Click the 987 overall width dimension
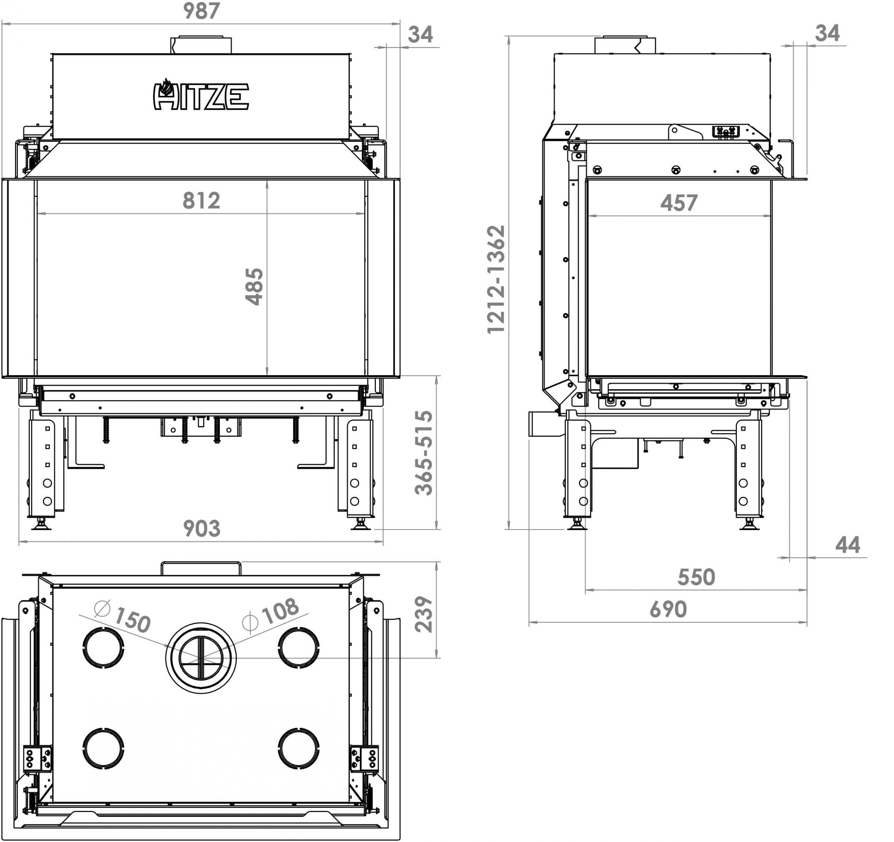tap(201, 11)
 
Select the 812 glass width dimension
tap(201, 201)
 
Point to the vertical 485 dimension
tap(255, 286)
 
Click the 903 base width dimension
tap(201, 529)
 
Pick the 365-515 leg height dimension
tap(424, 453)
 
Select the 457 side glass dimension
tap(679, 203)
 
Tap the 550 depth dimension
tap(696, 577)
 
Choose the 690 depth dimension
tap(668, 609)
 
